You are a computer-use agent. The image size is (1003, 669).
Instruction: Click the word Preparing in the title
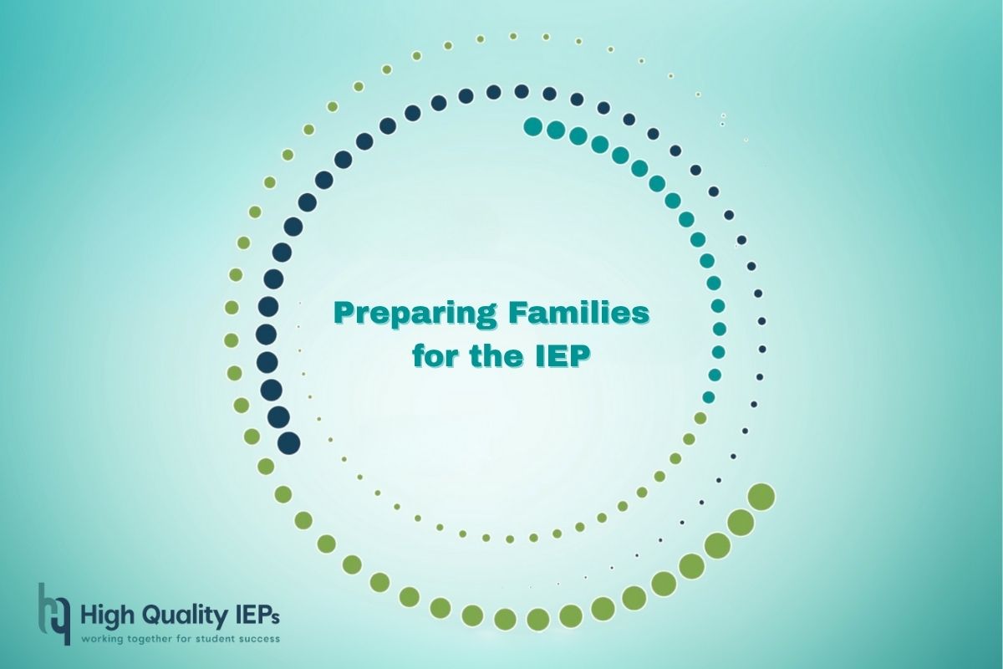pyautogui.click(x=415, y=314)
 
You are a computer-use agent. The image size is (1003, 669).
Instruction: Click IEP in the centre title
pyautogui.click(x=560, y=357)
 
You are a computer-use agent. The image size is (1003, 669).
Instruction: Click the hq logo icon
pyautogui.click(x=54, y=614)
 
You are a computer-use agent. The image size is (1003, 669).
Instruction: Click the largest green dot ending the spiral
pyautogui.click(x=761, y=497)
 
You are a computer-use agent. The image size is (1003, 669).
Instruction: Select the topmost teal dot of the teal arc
pyautogui.click(x=533, y=126)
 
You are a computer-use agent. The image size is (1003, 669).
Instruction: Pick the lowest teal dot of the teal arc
pyautogui.click(x=709, y=397)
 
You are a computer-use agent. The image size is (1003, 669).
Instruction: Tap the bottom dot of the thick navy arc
pyautogui.click(x=289, y=443)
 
